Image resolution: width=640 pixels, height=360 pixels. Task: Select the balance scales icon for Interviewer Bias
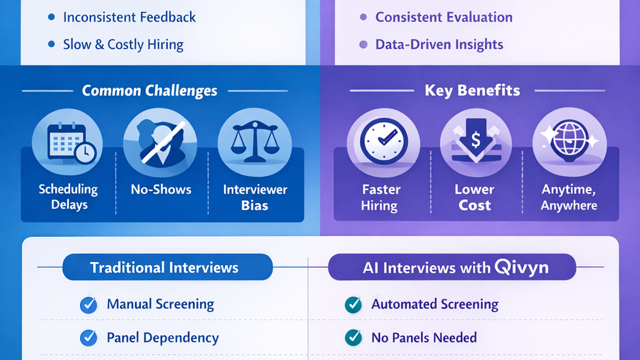(255, 142)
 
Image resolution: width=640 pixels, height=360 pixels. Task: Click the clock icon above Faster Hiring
(384, 141)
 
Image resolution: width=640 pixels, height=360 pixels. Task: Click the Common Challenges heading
(149, 91)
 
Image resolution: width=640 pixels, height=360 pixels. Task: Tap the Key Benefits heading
(472, 90)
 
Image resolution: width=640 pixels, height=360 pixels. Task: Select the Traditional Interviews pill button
(167, 267)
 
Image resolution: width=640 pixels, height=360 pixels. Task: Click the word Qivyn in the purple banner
(522, 267)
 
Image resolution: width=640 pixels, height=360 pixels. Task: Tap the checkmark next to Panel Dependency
(88, 338)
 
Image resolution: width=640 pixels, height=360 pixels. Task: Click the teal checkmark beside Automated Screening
(353, 305)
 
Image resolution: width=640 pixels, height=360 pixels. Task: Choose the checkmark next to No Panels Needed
(353, 338)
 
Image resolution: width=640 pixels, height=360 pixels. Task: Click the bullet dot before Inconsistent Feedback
(51, 17)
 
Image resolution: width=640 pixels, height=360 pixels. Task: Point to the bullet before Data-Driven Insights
(363, 44)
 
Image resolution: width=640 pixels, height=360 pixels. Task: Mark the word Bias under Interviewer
(255, 206)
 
